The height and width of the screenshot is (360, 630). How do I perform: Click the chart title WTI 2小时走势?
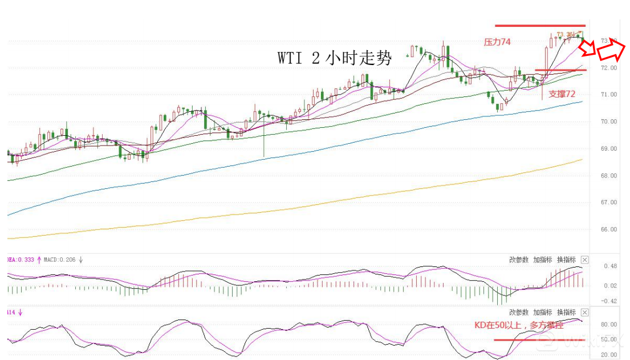click(x=335, y=58)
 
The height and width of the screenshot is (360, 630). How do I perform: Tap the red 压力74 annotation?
click(x=497, y=42)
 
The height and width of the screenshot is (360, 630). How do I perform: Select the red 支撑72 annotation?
click(x=562, y=94)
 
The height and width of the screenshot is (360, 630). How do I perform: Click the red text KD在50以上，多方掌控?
click(x=522, y=325)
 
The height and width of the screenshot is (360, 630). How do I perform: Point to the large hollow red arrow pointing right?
click(x=613, y=51)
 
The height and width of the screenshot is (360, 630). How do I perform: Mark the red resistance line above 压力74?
click(x=540, y=26)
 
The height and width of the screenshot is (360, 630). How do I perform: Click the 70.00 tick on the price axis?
click(x=609, y=122)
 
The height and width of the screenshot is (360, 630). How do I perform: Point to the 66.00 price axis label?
click(x=609, y=229)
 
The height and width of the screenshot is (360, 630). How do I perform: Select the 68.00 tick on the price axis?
click(x=609, y=176)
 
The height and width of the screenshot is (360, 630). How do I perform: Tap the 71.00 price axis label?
click(x=609, y=95)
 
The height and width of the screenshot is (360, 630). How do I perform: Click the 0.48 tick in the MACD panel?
click(x=610, y=266)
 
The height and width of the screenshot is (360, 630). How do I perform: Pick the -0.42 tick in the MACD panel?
click(x=609, y=301)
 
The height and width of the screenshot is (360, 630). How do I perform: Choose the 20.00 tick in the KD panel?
click(x=609, y=354)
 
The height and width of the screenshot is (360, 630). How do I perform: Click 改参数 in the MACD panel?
click(x=518, y=260)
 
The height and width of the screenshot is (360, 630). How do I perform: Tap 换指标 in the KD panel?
click(x=566, y=312)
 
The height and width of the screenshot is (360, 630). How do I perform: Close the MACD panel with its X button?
click(x=584, y=260)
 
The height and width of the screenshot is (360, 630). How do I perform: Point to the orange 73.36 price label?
click(x=564, y=34)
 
